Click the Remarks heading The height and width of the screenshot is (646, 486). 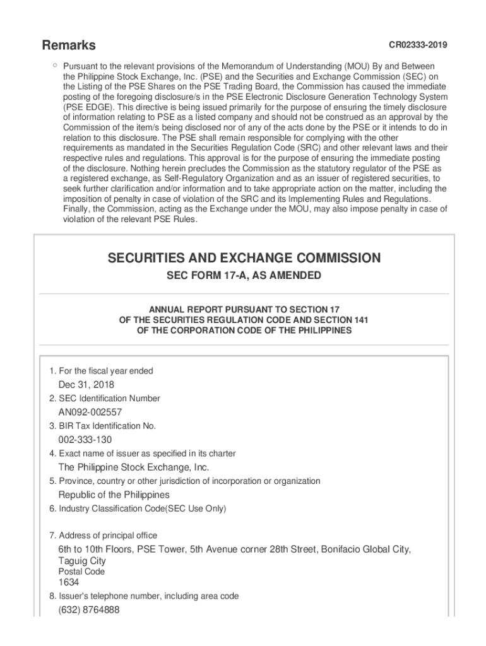[69, 45]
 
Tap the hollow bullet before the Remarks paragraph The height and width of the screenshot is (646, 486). [55, 65]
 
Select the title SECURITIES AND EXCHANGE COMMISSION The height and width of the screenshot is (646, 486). [244, 258]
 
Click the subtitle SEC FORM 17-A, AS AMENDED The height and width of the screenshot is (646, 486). [244, 276]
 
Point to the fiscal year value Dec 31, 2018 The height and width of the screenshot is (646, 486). [86, 385]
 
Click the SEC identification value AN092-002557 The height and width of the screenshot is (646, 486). [90, 412]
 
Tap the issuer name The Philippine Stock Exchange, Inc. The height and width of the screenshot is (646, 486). [133, 467]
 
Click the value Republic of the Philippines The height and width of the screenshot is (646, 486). [114, 495]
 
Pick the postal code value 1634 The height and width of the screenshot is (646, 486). [69, 583]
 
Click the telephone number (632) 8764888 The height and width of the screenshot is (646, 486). [88, 610]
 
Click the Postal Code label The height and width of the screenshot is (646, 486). [82, 572]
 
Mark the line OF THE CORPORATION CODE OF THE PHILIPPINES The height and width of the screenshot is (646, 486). [244, 331]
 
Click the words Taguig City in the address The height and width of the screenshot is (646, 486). [82, 561]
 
